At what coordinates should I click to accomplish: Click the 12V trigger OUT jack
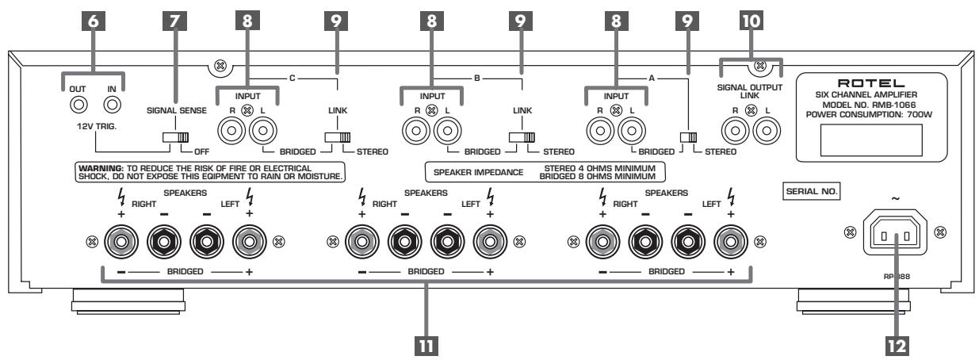click(78, 105)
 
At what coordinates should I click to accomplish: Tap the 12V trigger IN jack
click(113, 105)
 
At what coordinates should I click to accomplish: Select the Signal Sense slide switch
click(175, 137)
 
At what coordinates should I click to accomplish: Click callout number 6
click(93, 21)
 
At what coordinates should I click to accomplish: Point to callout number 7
click(174, 21)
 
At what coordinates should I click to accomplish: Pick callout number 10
click(751, 21)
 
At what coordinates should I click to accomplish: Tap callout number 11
click(426, 347)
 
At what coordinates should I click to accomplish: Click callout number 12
click(897, 347)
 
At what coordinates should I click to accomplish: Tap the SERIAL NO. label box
click(812, 191)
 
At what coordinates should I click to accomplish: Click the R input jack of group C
click(231, 130)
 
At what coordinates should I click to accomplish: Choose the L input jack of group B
click(448, 130)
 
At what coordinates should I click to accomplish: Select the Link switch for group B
click(522, 137)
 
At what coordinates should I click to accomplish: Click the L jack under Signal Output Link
click(767, 130)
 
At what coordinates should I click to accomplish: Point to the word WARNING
click(101, 168)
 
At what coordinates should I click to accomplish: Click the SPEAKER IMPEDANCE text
click(478, 172)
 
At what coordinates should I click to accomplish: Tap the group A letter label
click(652, 79)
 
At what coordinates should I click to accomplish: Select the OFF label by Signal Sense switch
click(201, 151)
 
